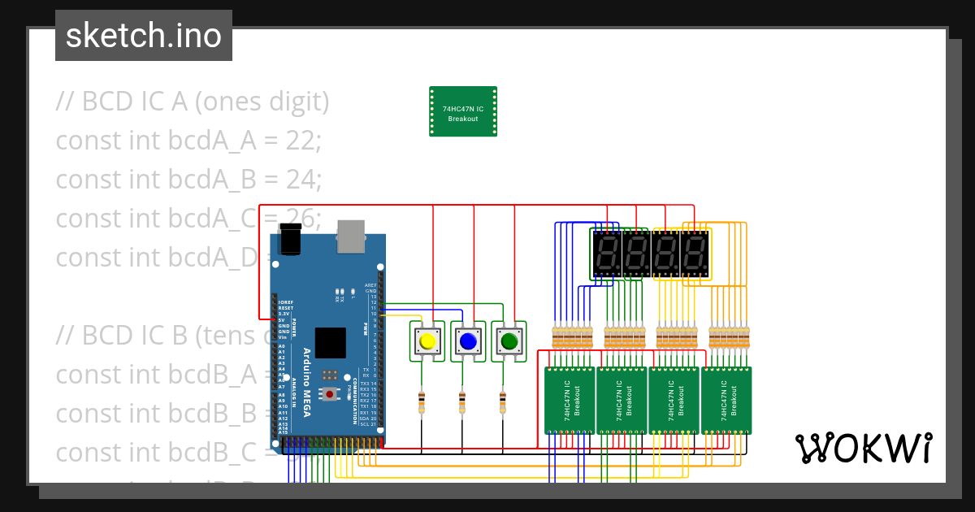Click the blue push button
point(467,341)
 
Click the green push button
point(508,341)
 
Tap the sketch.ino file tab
point(144,36)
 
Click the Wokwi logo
point(863,448)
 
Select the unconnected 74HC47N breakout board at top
point(463,112)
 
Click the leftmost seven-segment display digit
point(605,254)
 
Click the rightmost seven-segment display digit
point(695,254)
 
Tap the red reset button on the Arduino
point(330,394)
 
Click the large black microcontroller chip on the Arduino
point(330,343)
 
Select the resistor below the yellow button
point(421,401)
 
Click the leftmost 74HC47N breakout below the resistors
point(570,400)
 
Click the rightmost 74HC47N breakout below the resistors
point(726,400)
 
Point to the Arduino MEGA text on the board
point(306,382)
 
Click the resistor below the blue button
point(461,401)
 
